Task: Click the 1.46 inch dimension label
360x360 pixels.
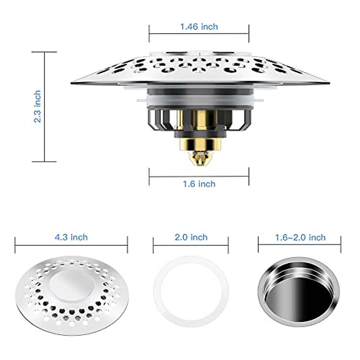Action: (x=199, y=27)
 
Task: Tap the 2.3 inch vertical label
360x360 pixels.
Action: (x=37, y=106)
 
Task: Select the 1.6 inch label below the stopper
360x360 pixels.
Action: (x=199, y=184)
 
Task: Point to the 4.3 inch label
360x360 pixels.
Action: (x=71, y=237)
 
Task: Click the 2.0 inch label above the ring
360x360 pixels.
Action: (x=191, y=237)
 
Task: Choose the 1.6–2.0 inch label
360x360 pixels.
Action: (x=300, y=238)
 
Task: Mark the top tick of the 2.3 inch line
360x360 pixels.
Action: (x=44, y=52)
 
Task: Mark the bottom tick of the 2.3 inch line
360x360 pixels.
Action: (x=44, y=162)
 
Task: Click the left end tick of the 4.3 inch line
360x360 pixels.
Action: (x=15, y=245)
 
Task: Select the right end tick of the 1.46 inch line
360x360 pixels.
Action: (x=249, y=34)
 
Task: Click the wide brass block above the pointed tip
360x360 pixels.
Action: (x=200, y=144)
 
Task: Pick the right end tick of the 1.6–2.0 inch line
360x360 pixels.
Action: (x=341, y=245)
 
